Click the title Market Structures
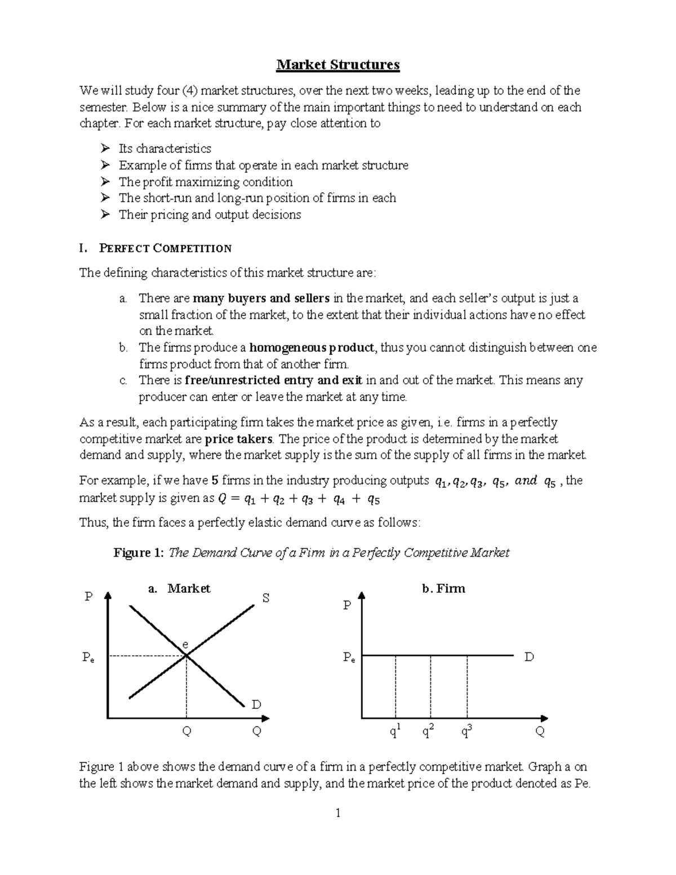tap(337, 65)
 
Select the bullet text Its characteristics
tap(164, 149)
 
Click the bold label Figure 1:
tap(139, 553)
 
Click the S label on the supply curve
tap(266, 598)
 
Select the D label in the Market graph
tap(256, 704)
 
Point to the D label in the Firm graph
tap(529, 657)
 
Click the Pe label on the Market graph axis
tap(88, 657)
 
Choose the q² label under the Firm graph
tap(428, 731)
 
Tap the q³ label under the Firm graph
tap(466, 731)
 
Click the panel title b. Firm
tap(443, 589)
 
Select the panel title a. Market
tap(179, 589)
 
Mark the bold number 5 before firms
tap(214, 481)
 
